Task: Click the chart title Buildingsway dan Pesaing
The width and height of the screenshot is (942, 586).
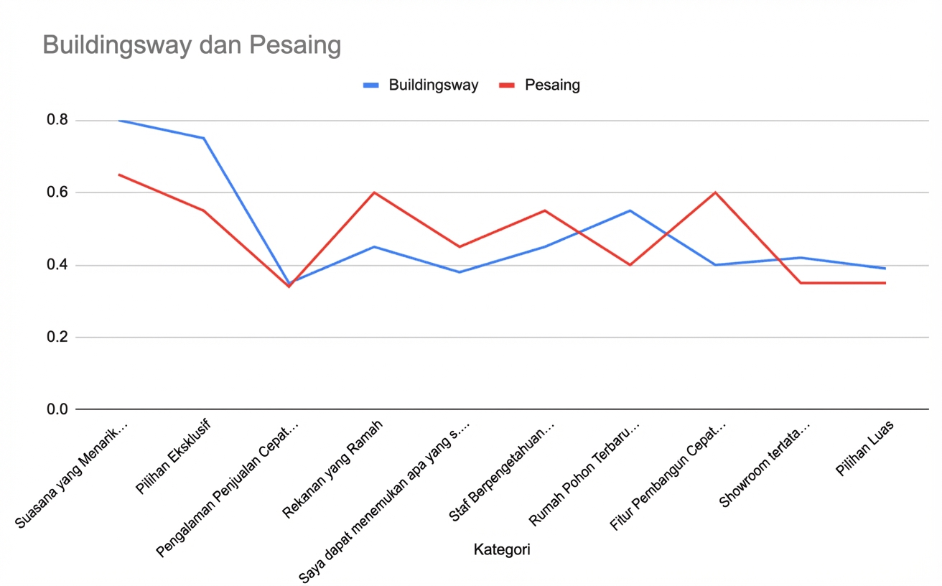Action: click(x=191, y=45)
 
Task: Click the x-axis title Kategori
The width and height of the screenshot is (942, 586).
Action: click(x=502, y=550)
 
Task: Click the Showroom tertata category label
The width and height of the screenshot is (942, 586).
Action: click(x=767, y=463)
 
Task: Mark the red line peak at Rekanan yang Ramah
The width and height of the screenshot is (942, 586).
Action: click(x=374, y=192)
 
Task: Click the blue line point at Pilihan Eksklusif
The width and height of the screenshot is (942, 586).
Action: click(x=204, y=138)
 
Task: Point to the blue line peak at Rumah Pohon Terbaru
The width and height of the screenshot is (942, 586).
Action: click(x=630, y=210)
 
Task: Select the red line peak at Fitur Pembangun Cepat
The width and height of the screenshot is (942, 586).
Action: click(x=715, y=192)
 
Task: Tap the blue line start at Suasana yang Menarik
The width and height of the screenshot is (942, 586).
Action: click(x=119, y=121)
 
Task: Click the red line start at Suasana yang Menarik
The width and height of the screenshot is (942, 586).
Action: click(x=119, y=175)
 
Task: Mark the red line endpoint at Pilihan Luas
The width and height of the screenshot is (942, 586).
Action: click(x=885, y=283)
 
